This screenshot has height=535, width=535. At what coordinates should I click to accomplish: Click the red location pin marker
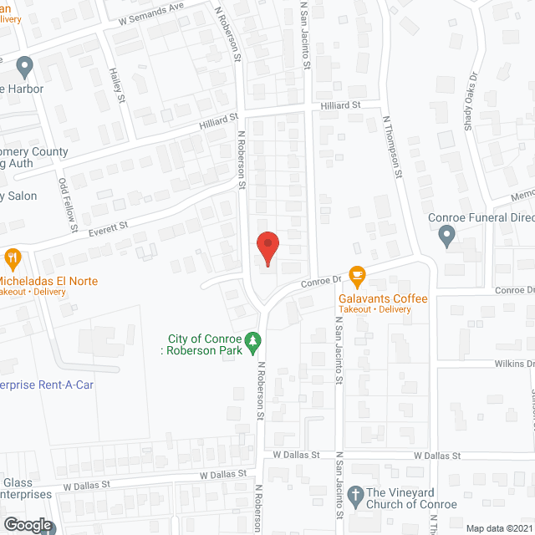(x=267, y=247)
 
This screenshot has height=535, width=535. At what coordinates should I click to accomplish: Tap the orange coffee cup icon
(x=357, y=274)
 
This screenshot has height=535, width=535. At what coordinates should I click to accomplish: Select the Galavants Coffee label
(x=383, y=299)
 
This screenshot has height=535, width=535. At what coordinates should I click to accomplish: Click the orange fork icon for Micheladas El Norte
(x=12, y=257)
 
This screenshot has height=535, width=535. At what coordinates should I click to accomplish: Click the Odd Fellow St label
(x=68, y=205)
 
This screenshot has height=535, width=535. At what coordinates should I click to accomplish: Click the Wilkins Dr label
(x=512, y=364)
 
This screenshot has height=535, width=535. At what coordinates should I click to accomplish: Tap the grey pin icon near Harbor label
(x=23, y=64)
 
